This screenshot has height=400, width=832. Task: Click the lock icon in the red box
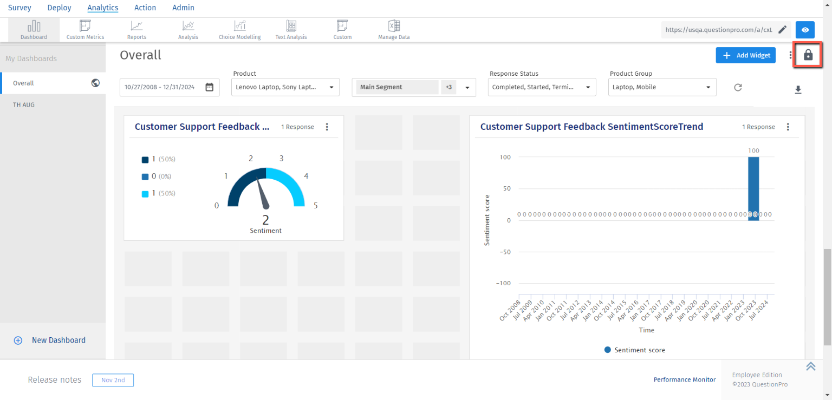(808, 55)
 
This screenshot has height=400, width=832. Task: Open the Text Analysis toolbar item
(291, 30)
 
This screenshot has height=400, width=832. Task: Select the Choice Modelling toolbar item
(239, 30)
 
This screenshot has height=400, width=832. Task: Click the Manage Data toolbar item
(394, 30)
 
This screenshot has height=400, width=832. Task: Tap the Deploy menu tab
(59, 8)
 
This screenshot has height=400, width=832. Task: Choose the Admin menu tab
(183, 8)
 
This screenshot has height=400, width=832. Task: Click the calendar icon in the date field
(210, 87)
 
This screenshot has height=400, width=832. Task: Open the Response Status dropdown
(542, 87)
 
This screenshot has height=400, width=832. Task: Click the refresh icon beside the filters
(738, 87)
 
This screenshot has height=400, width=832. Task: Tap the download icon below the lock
(798, 90)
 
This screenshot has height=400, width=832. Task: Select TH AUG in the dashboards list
(24, 104)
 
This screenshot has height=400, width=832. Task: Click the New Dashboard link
(58, 340)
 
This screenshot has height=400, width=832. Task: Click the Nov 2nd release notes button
(113, 380)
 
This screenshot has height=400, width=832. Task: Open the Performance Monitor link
(685, 379)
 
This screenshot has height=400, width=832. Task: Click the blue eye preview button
(805, 30)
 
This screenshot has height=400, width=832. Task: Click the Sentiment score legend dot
(608, 350)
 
